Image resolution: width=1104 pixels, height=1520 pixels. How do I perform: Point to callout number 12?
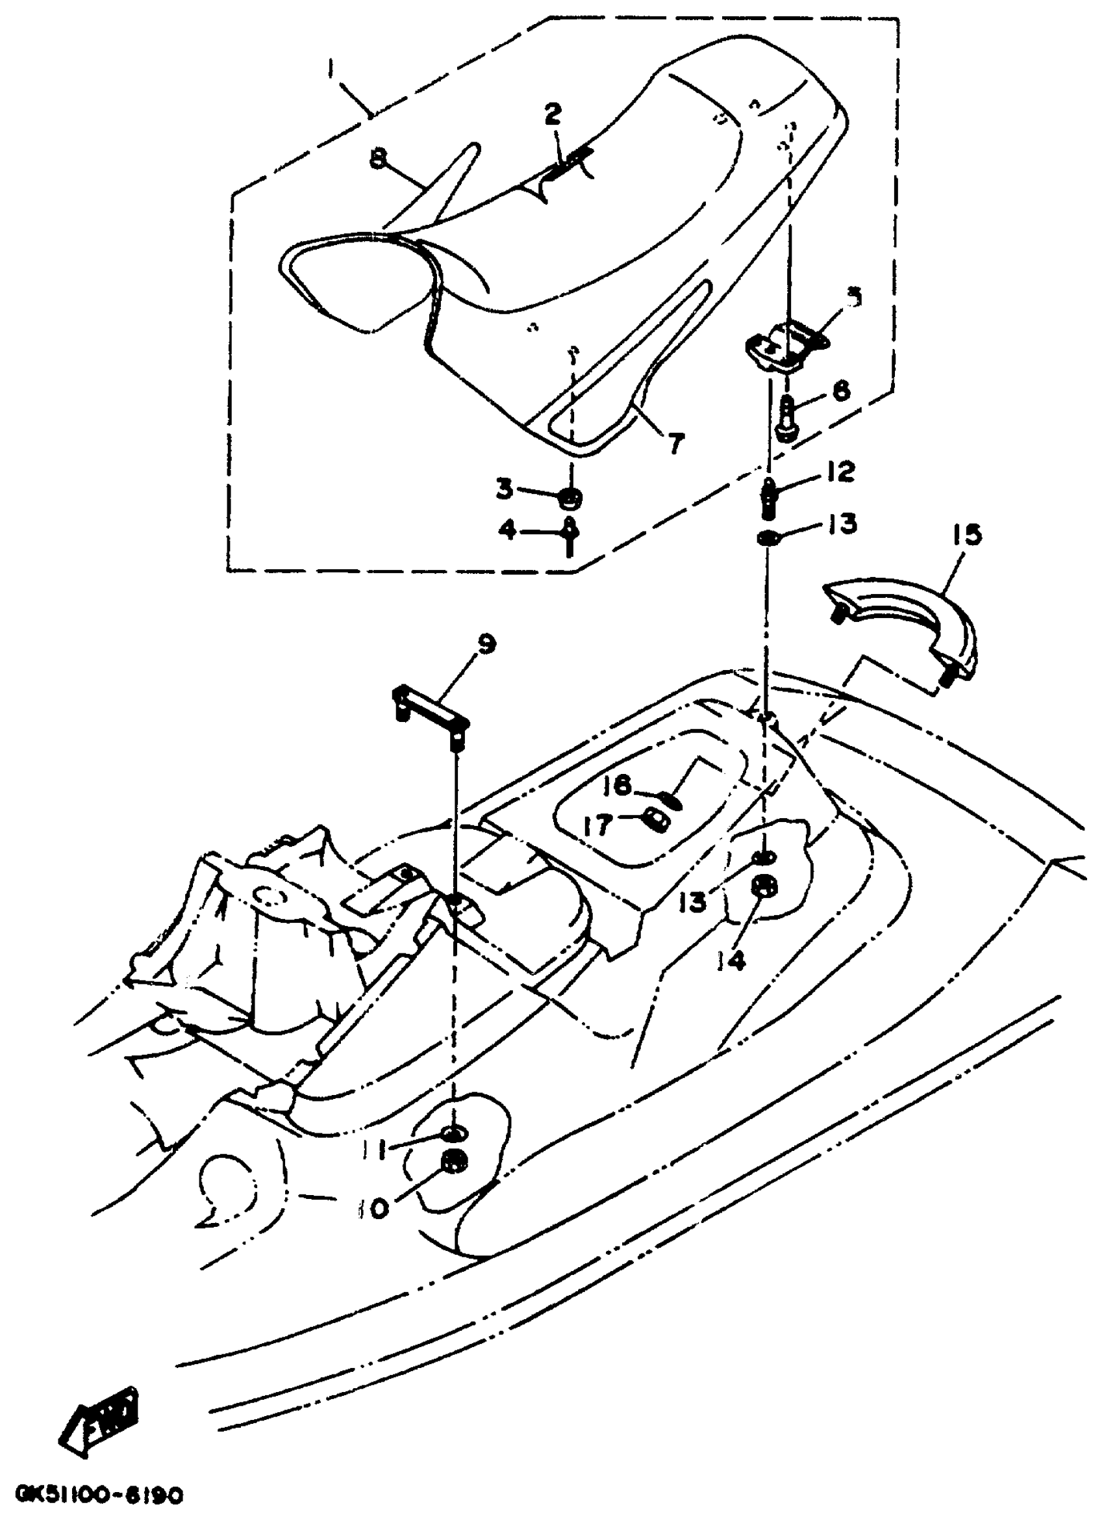coord(842,472)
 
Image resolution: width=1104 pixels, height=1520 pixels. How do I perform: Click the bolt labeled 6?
coord(787,418)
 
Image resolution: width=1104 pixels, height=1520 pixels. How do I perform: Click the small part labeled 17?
coord(655,818)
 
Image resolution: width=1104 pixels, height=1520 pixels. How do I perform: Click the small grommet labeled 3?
coord(571,498)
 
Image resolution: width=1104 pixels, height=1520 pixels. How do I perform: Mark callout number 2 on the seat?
coord(553,114)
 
